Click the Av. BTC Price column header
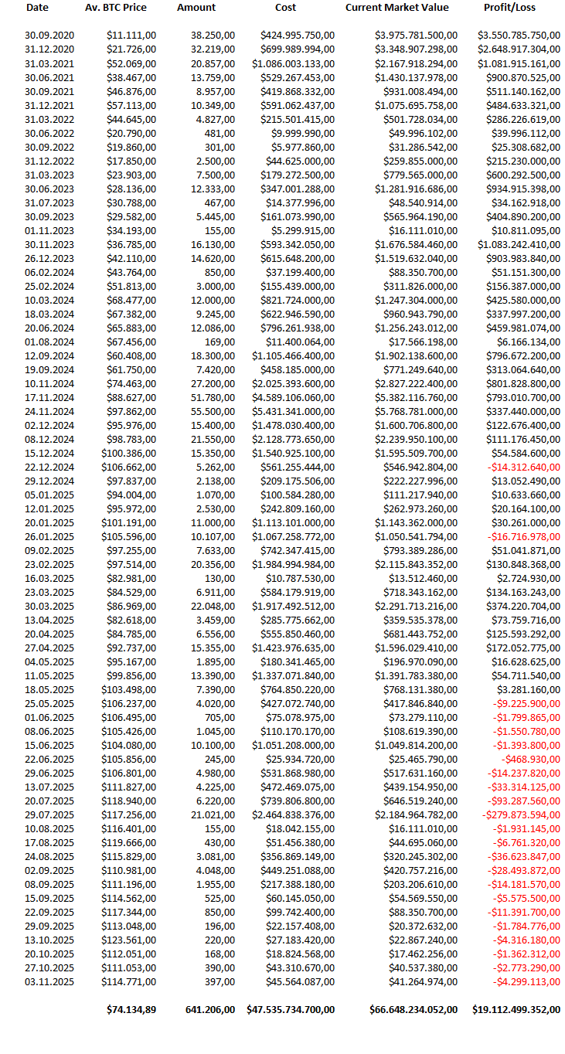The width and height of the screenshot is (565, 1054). pyautogui.click(x=115, y=8)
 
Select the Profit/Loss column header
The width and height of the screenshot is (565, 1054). pyautogui.click(x=509, y=8)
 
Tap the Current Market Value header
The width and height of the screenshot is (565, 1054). pyautogui.click(x=397, y=8)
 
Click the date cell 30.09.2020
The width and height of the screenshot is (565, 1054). pyautogui.click(x=49, y=36)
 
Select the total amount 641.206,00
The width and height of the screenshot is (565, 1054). pyautogui.click(x=210, y=1009)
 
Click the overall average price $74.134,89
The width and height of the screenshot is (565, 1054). pyautogui.click(x=131, y=1009)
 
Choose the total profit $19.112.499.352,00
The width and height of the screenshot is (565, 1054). pyautogui.click(x=516, y=1009)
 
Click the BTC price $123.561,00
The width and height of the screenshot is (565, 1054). pyautogui.click(x=129, y=940)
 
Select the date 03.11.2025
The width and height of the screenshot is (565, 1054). pyautogui.click(x=49, y=981)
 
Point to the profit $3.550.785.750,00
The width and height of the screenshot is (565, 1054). pyautogui.click(x=519, y=36)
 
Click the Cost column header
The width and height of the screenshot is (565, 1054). pyautogui.click(x=285, y=8)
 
